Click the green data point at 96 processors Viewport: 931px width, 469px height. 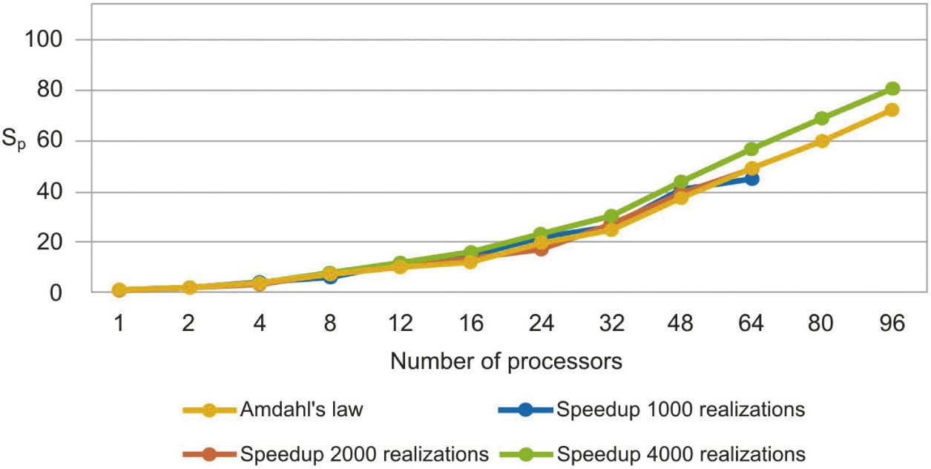coord(892,89)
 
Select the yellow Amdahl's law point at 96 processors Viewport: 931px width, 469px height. coord(892,110)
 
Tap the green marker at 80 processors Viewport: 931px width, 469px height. coord(822,119)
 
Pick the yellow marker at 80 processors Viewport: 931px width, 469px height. coord(822,141)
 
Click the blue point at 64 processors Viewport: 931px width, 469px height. coord(751,179)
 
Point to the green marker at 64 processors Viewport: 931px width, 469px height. coord(751,149)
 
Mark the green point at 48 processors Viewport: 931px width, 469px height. coord(681,182)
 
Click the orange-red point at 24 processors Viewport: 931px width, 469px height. coord(541,249)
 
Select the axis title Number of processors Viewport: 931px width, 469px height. coord(506,361)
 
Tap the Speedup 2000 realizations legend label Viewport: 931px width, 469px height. coord(363,452)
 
